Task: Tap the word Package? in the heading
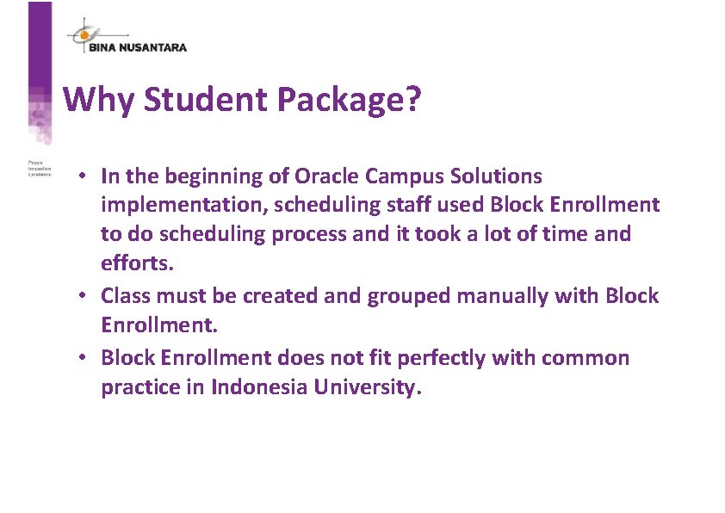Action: (350, 100)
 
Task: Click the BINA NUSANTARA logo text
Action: (138, 47)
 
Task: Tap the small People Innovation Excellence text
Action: (40, 168)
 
